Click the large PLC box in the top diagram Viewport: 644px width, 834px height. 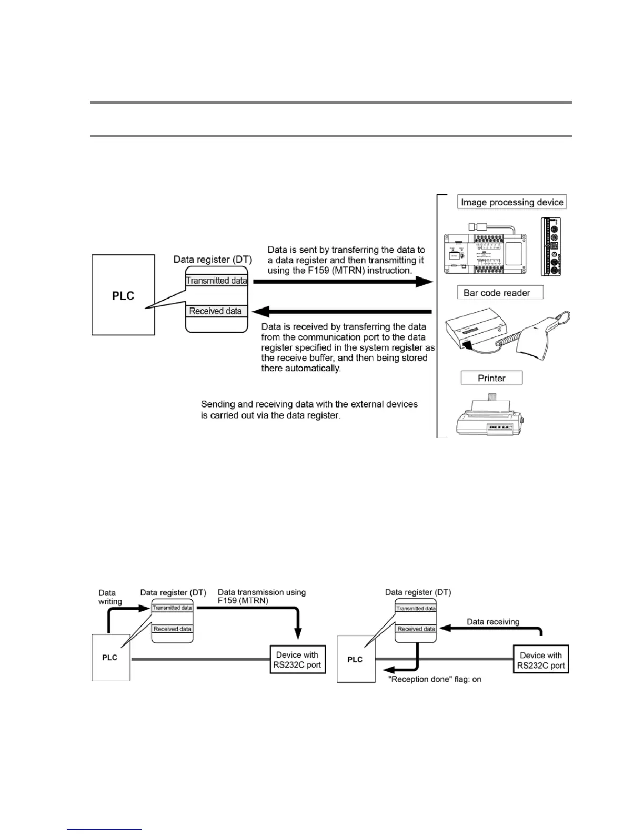pyautogui.click(x=123, y=295)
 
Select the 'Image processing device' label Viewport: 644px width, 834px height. pyautogui.click(x=512, y=202)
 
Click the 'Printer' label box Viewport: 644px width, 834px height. pyautogui.click(x=491, y=378)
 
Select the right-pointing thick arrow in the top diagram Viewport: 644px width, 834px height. pyautogui.click(x=342, y=282)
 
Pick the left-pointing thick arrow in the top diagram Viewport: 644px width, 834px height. pyautogui.click(x=342, y=312)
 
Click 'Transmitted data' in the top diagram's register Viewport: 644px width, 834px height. pyautogui.click(x=216, y=281)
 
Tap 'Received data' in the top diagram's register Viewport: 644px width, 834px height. pyautogui.click(x=216, y=311)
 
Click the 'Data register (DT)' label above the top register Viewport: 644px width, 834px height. pyautogui.click(x=213, y=259)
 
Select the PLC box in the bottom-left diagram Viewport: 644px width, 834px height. pyautogui.click(x=110, y=658)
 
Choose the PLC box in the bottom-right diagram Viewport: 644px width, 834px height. pyautogui.click(x=355, y=659)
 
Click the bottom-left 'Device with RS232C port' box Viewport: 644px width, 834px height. pyautogui.click(x=297, y=660)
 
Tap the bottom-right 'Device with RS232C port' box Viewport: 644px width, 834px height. pyautogui.click(x=541, y=660)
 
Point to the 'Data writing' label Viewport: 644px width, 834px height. pyautogui.click(x=109, y=597)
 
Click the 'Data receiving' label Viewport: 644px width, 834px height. pyautogui.click(x=493, y=622)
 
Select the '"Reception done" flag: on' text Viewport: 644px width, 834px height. pyautogui.click(x=435, y=679)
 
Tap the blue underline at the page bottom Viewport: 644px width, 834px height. pyautogui.click(x=104, y=829)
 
